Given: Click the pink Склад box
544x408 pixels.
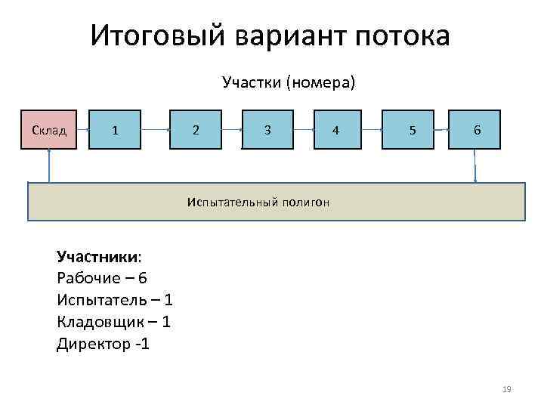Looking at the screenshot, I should pyautogui.click(x=50, y=129).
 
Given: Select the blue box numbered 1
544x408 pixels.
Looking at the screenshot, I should pyautogui.click(x=115, y=129).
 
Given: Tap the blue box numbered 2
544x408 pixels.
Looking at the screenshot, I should pyautogui.click(x=196, y=129).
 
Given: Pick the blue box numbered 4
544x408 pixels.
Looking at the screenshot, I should pyautogui.click(x=336, y=129).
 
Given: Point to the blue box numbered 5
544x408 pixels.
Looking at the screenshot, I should pyautogui.click(x=411, y=129).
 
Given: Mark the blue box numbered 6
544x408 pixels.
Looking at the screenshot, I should pyautogui.click(x=476, y=129).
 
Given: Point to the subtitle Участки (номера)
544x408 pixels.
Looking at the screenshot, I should pyautogui.click(x=288, y=82).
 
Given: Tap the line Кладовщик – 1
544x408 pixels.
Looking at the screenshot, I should pyautogui.click(x=113, y=322).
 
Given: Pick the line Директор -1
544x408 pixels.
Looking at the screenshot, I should pyautogui.click(x=104, y=344).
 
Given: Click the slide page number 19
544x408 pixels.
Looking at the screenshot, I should pyautogui.click(x=506, y=389).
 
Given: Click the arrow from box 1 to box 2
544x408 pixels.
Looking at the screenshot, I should pyautogui.click(x=156, y=129).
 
